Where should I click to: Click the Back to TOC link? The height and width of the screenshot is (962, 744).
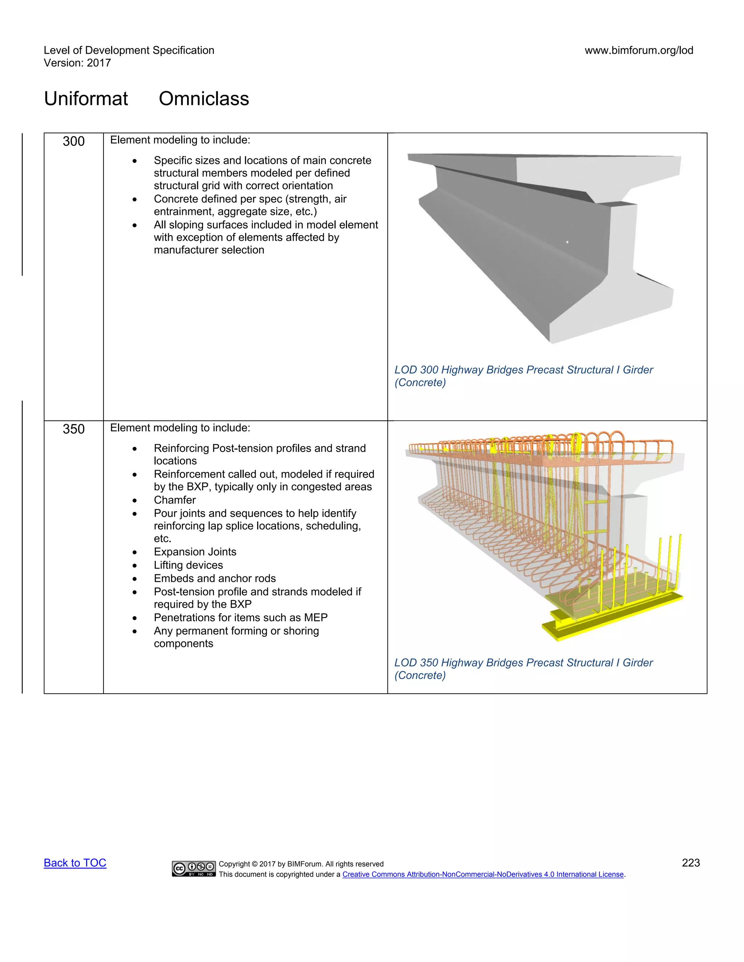click(x=75, y=863)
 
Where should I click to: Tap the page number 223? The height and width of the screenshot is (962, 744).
click(x=690, y=863)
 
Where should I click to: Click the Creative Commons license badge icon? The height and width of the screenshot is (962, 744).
click(x=194, y=868)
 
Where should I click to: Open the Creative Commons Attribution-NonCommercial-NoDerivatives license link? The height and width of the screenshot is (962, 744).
click(x=483, y=875)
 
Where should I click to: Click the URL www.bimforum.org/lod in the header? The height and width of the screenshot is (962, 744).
click(x=639, y=50)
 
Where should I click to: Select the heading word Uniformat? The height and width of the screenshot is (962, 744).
click(x=86, y=99)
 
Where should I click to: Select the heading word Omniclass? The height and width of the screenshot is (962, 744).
click(x=204, y=99)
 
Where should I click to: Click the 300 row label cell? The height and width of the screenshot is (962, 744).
click(x=74, y=141)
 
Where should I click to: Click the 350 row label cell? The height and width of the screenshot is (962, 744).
click(x=74, y=429)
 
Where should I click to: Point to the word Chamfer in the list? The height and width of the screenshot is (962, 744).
click(x=174, y=500)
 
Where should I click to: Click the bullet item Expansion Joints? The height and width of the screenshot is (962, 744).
click(x=195, y=552)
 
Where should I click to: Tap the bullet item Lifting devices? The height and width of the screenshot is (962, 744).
click(x=188, y=565)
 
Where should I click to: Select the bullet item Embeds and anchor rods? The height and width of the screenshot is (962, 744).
click(x=215, y=578)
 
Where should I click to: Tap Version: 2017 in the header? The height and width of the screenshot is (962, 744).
click(x=78, y=63)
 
